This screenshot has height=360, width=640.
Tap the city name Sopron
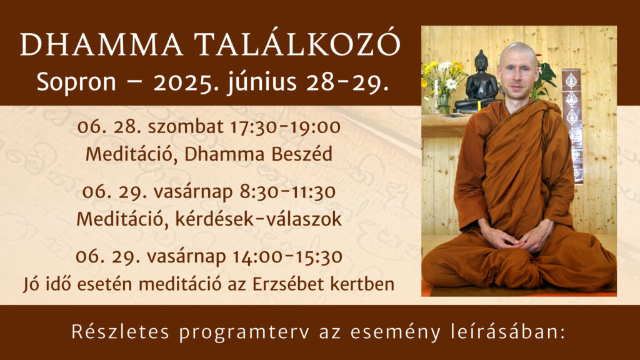click(76, 83)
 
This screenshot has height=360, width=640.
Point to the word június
click(263, 82)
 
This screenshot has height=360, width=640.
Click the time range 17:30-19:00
click(285, 126)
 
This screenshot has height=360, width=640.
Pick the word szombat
click(185, 126)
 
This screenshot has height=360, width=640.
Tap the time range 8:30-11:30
click(287, 191)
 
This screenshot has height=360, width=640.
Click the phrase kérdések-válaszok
click(258, 219)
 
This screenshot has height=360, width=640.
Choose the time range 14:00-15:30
click(287, 257)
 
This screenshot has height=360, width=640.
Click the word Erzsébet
click(288, 284)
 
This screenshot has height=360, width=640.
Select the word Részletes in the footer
click(121, 332)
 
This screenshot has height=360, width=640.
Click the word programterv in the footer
click(244, 332)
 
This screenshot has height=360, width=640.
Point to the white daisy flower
click(451, 84)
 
